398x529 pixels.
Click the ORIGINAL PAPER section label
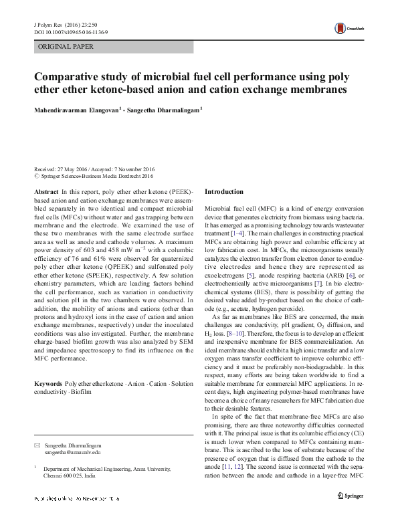(x=66, y=47)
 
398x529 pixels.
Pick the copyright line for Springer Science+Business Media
(x=94, y=177)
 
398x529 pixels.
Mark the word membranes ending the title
(x=314, y=88)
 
